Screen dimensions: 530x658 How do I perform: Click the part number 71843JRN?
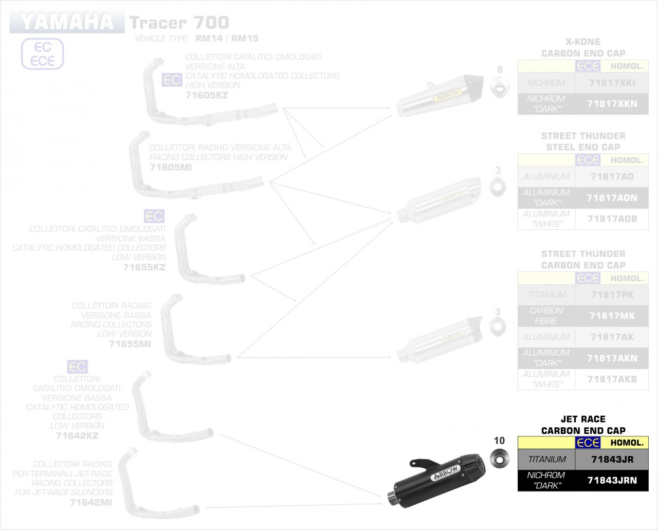tap(612, 481)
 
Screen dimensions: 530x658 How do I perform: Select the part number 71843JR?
tap(612, 460)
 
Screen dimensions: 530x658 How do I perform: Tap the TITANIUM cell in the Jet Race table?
tap(547, 460)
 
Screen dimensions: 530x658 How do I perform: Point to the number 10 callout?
tap(499, 441)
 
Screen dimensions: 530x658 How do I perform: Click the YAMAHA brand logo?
tap(67, 22)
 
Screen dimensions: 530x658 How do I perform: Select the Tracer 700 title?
tap(179, 23)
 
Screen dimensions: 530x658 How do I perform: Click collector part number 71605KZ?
tap(207, 95)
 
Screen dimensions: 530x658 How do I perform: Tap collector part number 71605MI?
tap(171, 167)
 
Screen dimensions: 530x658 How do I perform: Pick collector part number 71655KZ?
tap(144, 267)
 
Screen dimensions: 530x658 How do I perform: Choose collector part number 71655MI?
tap(130, 343)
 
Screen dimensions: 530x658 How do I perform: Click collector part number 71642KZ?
tap(77, 436)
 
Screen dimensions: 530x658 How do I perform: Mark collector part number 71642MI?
tap(90, 502)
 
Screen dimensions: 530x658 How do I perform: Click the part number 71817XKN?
tap(612, 104)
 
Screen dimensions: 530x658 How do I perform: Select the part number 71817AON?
tap(612, 198)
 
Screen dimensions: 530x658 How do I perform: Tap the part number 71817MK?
tap(612, 316)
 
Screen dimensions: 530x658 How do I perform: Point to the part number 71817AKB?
tap(612, 379)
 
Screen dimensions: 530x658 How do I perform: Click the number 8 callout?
tap(500, 69)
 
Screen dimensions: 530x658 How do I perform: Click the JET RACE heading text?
tap(583, 419)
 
